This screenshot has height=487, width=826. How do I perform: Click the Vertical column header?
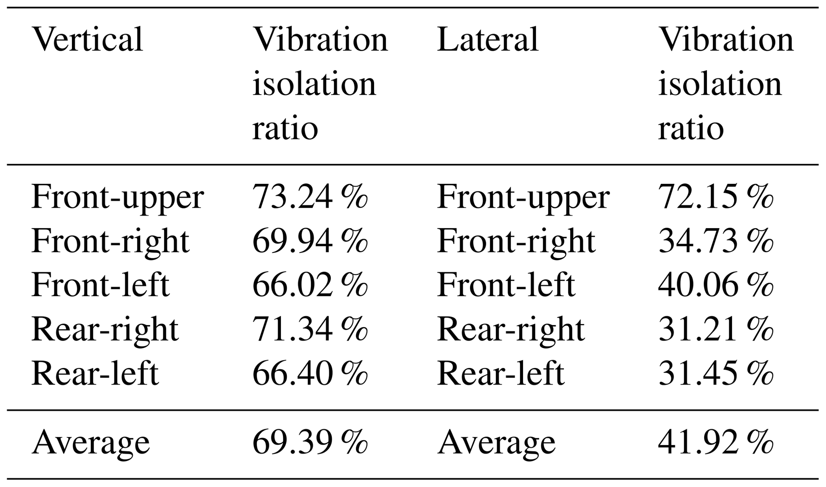(87, 40)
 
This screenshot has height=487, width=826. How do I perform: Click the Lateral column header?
(488, 40)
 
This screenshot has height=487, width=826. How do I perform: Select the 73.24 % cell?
(310, 197)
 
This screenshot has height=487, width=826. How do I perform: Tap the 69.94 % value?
(310, 241)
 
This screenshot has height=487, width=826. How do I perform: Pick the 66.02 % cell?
(310, 285)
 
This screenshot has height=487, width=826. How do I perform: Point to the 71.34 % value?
(310, 329)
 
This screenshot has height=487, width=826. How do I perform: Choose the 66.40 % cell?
(310, 373)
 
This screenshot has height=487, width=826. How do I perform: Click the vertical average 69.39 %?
(310, 442)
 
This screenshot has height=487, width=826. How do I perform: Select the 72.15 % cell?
(715, 197)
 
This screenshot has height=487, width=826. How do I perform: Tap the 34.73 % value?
(715, 241)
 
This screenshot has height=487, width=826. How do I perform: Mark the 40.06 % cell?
(715, 285)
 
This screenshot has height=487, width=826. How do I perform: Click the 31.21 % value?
(715, 329)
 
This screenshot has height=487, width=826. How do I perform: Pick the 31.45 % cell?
(715, 373)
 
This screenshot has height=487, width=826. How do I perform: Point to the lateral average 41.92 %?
(715, 442)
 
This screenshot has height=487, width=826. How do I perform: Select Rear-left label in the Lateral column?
(501, 373)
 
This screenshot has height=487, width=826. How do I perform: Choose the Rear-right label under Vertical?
(105, 330)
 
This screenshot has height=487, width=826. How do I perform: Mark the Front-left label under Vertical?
(100, 285)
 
